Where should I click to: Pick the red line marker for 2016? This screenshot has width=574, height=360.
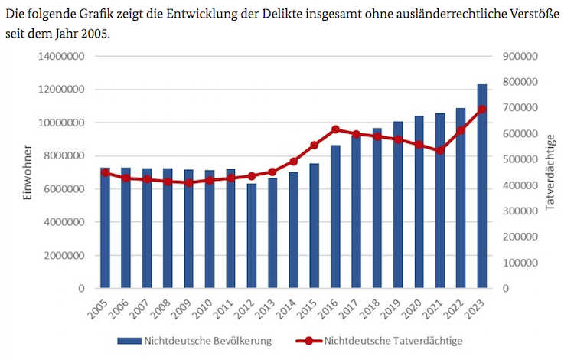[335, 129]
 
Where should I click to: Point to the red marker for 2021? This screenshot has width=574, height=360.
[440, 150]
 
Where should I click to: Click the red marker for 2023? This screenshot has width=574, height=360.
[482, 110]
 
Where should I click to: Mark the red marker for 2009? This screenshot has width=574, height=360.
[188, 183]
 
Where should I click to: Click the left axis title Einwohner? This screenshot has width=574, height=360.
[26, 172]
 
